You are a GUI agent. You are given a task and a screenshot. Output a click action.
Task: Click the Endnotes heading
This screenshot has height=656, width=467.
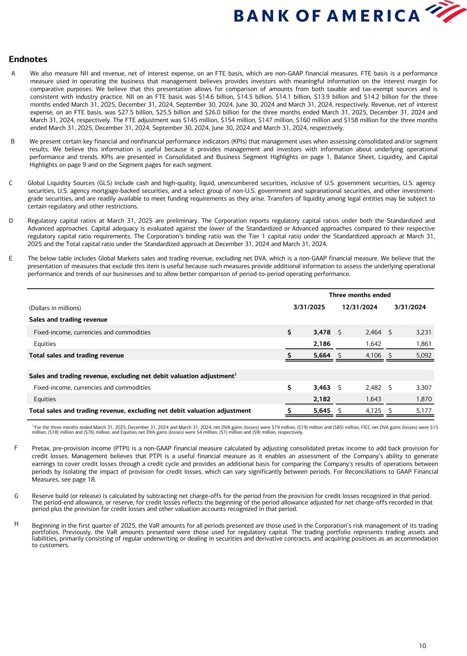tap(28, 59)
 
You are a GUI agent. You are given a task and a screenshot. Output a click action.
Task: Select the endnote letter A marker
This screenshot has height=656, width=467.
tap(13, 74)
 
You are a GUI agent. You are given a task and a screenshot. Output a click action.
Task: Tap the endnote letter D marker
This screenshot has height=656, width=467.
tap(11, 221)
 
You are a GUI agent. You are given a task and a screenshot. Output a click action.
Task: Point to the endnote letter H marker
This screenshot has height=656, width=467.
tap(16, 524)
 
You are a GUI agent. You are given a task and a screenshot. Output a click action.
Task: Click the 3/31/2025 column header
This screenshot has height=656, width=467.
tap(309, 307)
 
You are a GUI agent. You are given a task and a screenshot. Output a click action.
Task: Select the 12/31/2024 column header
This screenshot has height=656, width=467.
tap(359, 307)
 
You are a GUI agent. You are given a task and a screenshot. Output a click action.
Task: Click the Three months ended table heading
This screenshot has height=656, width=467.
tap(359, 295)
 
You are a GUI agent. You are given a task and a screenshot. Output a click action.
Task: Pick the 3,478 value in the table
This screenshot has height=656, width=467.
tap(321, 332)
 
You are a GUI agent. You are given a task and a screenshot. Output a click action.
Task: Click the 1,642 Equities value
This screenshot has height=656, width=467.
tap(373, 344)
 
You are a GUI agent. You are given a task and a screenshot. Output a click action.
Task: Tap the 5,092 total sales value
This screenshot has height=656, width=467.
tap(423, 356)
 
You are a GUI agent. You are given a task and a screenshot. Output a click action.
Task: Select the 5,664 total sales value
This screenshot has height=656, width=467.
tap(321, 356)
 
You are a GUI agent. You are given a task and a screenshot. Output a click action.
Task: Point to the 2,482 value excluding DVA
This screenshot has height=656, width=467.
tap(373, 387)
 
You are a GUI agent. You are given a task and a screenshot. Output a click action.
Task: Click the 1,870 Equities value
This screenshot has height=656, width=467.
tap(423, 399)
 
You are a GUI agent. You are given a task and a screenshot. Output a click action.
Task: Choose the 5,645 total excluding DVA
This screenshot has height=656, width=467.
tap(321, 410)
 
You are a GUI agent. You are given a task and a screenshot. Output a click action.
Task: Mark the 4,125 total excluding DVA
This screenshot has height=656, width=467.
tap(373, 410)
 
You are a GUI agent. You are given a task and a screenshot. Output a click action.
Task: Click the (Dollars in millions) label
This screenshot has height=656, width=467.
tap(55, 308)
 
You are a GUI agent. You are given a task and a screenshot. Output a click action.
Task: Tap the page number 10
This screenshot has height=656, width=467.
tap(422, 645)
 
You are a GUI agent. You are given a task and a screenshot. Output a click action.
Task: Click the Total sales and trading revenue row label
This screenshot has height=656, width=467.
tap(76, 356)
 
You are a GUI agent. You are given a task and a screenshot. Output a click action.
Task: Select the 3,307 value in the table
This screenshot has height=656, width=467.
tap(423, 387)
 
